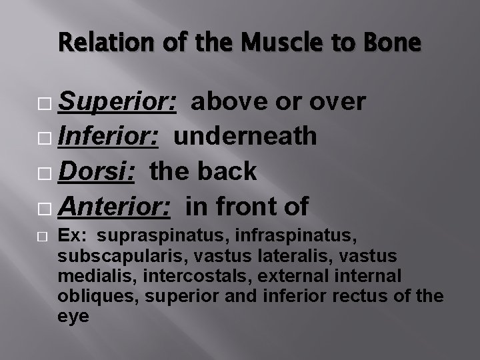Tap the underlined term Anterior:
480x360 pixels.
123,206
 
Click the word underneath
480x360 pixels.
246,137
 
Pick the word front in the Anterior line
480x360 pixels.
251,206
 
